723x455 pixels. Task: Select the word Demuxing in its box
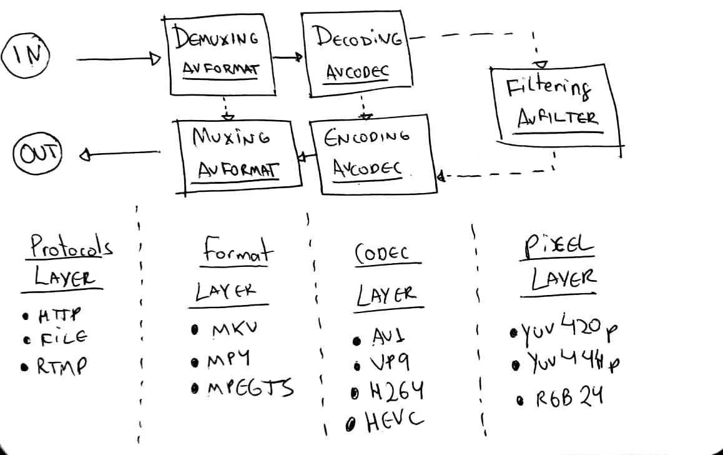pyautogui.click(x=216, y=39)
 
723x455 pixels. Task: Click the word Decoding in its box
pyautogui.click(x=358, y=39)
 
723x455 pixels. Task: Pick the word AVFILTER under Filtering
pyautogui.click(x=558, y=118)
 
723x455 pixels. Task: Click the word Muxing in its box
pyautogui.click(x=231, y=136)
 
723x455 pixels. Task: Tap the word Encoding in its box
pyautogui.click(x=367, y=136)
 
